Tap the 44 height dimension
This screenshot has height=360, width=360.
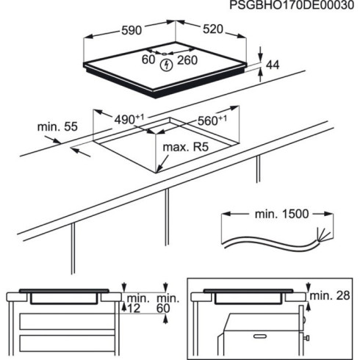(x=273, y=65)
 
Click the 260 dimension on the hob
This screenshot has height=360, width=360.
(x=187, y=60)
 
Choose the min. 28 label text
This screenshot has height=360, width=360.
(x=329, y=295)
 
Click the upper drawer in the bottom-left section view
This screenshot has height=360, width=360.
(x=66, y=321)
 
